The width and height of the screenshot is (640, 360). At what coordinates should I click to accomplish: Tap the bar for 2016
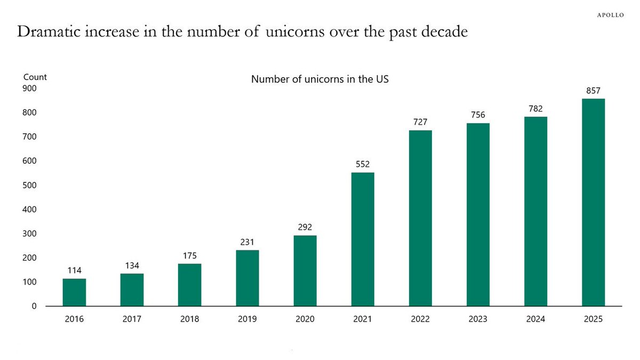click(x=74, y=292)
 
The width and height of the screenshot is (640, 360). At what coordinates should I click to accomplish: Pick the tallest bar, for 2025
click(x=593, y=202)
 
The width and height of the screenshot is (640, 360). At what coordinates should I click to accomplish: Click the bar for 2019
click(x=247, y=278)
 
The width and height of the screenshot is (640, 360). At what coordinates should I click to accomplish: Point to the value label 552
click(x=363, y=164)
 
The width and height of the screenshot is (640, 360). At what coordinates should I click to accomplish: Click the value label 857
click(x=593, y=91)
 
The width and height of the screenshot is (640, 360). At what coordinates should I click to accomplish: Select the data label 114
click(x=74, y=270)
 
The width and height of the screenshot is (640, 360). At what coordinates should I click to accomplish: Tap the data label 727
click(x=420, y=122)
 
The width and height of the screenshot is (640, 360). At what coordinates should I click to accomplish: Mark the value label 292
click(x=305, y=227)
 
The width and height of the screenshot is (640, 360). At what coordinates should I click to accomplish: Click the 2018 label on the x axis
click(x=189, y=319)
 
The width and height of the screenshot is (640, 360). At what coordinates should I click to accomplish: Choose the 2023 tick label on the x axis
click(x=478, y=319)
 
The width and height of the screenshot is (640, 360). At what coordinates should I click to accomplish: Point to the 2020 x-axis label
click(x=305, y=319)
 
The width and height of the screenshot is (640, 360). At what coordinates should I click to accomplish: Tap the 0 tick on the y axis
click(x=34, y=306)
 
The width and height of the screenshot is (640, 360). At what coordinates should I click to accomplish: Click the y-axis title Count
click(x=35, y=77)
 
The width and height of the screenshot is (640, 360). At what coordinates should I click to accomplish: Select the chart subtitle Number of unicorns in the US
click(x=320, y=79)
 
